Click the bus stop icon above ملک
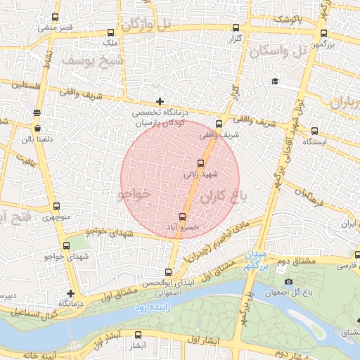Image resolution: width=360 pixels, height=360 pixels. [110, 32]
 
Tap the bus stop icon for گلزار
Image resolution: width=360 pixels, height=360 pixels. [236, 28]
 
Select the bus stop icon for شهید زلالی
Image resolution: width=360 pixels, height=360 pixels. [201, 163]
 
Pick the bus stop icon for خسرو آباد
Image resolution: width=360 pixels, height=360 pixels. [183, 217]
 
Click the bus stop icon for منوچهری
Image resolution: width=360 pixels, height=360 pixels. [56, 207]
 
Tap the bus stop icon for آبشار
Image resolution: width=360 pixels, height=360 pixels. [138, 335]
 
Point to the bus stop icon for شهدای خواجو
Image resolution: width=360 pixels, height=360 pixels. [67, 246]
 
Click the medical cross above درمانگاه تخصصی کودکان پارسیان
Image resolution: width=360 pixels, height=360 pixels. [160, 102]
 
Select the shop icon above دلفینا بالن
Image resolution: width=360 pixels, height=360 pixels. [37, 129]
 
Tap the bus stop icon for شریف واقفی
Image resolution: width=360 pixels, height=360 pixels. [219, 124]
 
